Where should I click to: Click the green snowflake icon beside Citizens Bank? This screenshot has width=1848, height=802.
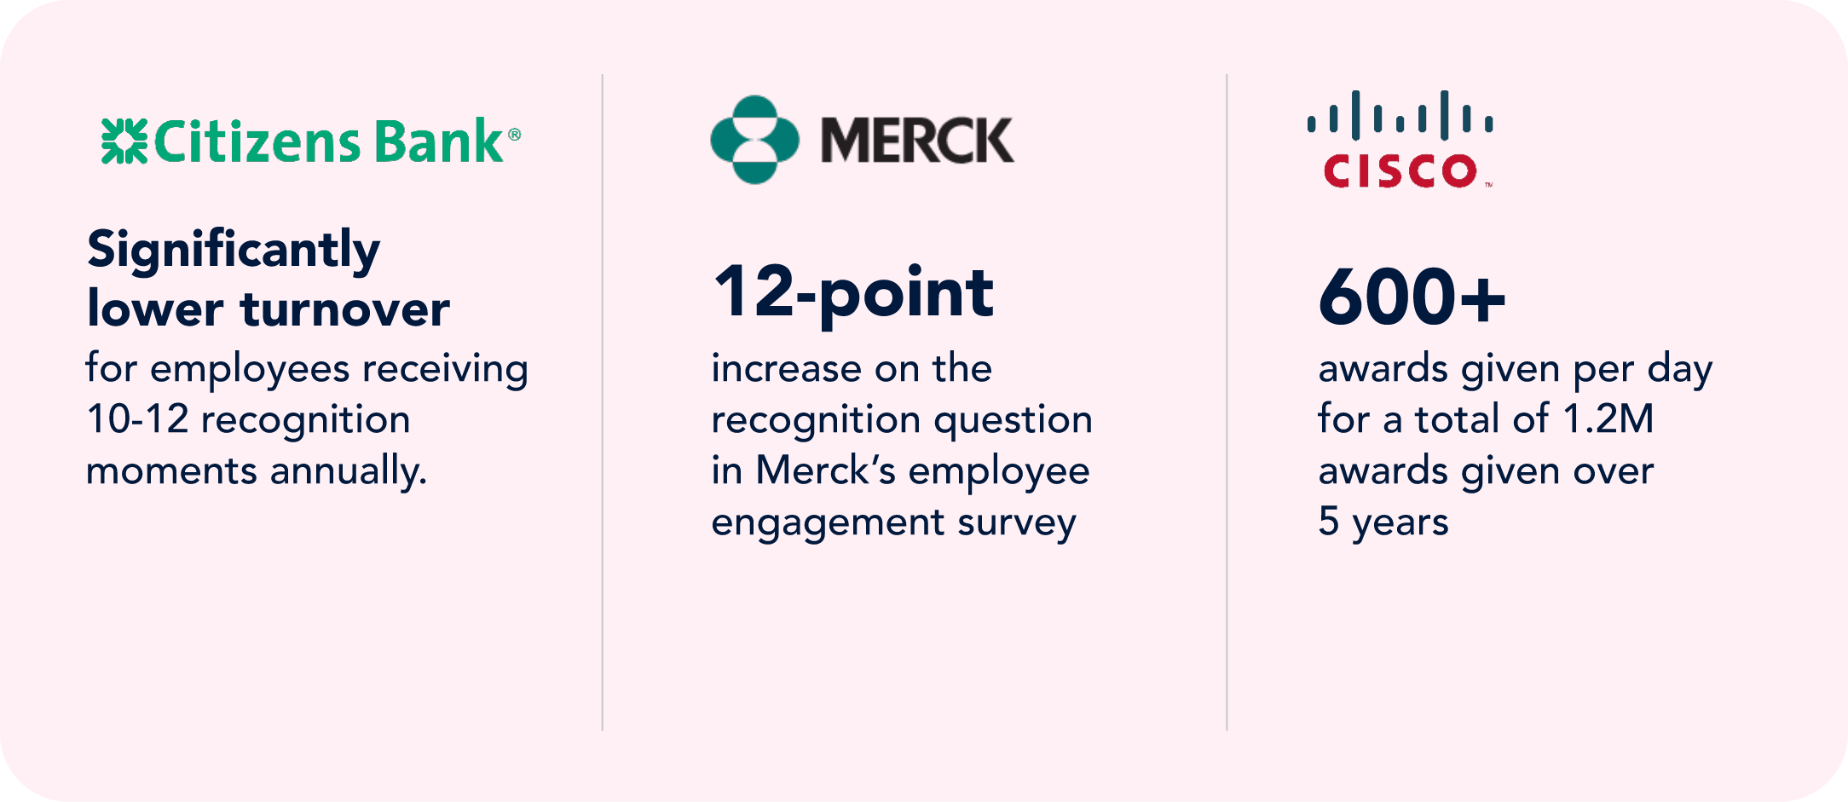click(x=124, y=141)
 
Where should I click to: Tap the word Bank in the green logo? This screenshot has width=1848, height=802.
click(x=438, y=141)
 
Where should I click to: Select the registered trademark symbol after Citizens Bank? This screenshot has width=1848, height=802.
click(x=514, y=134)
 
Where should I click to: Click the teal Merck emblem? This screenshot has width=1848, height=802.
click(x=755, y=140)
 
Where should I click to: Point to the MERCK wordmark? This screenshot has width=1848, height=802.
click(x=917, y=141)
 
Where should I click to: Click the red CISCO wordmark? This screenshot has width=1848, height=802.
click(x=1400, y=170)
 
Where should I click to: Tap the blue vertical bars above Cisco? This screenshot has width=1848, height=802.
click(x=1400, y=115)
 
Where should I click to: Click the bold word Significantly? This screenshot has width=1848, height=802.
click(x=234, y=251)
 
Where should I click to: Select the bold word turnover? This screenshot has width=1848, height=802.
click(x=345, y=309)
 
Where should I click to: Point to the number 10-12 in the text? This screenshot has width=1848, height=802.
click(x=137, y=419)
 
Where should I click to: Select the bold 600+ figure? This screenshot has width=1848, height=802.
click(x=1412, y=297)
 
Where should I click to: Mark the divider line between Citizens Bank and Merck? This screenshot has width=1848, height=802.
click(x=603, y=402)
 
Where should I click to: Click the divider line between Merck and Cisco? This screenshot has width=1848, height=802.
click(x=1227, y=402)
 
